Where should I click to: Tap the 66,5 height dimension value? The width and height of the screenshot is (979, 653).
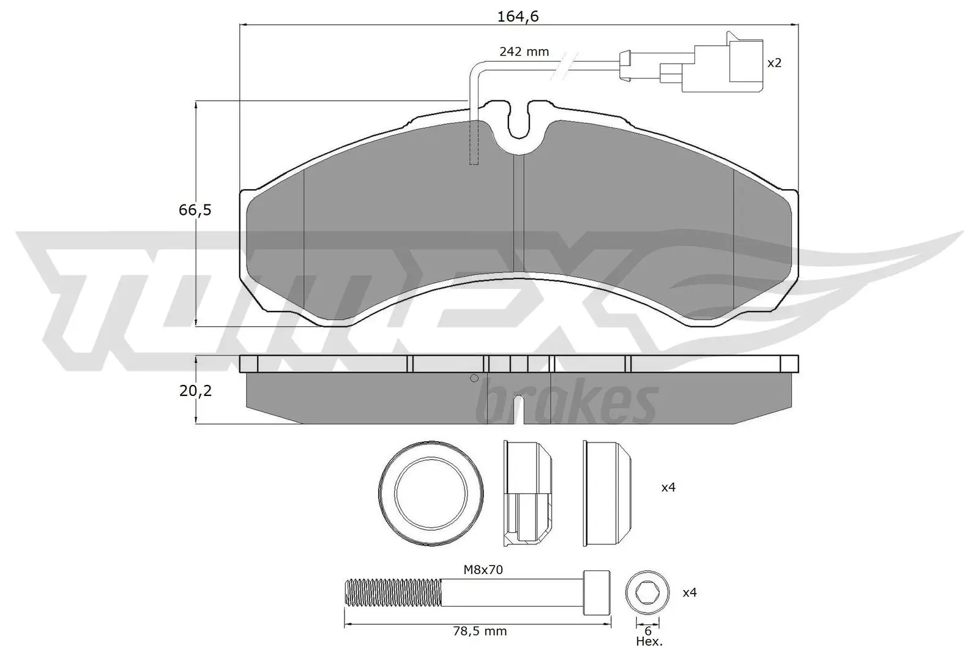pyautogui.click(x=195, y=210)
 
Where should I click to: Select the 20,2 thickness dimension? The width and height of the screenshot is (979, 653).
pyautogui.click(x=195, y=390)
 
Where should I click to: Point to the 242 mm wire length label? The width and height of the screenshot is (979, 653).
pyautogui.click(x=524, y=52)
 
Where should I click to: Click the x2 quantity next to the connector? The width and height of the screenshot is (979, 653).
pyautogui.click(x=774, y=62)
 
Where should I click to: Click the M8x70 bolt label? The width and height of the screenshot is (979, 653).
pyautogui.click(x=483, y=570)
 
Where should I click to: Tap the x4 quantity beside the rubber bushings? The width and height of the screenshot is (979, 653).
pyautogui.click(x=668, y=488)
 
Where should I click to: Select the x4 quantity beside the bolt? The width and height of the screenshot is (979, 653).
pyautogui.click(x=690, y=592)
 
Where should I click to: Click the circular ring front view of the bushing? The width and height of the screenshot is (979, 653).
pyautogui.click(x=431, y=493)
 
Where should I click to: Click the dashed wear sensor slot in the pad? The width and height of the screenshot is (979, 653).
pyautogui.click(x=473, y=143)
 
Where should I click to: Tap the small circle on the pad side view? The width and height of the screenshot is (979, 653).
pyautogui.click(x=474, y=378)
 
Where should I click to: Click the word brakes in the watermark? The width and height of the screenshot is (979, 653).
pyautogui.click(x=569, y=401)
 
